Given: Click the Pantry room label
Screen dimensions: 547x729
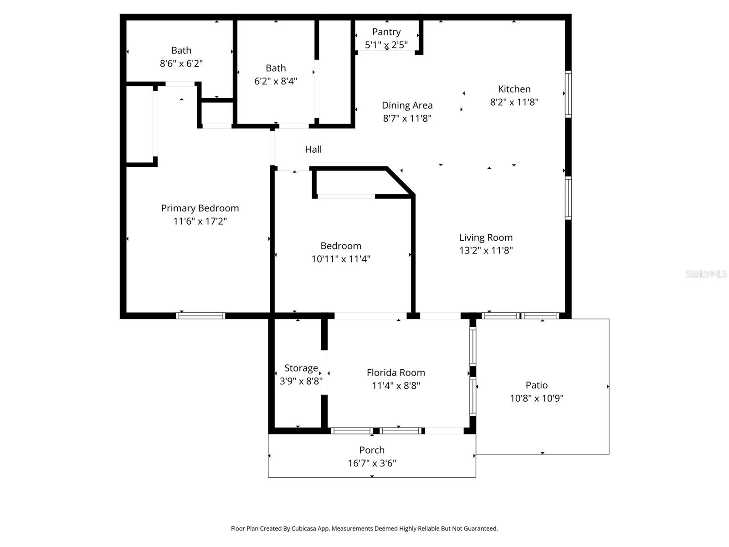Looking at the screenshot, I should (386, 32).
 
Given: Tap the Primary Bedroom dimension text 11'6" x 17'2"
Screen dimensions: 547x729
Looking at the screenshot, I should (200, 221).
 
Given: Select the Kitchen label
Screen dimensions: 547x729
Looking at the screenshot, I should (514, 89).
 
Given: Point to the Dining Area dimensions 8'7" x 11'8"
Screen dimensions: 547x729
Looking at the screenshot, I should (407, 119).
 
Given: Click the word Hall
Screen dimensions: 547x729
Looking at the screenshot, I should (313, 149).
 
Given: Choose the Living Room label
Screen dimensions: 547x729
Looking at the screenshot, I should (486, 237).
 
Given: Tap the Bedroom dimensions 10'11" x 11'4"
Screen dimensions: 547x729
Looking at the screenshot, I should (341, 259).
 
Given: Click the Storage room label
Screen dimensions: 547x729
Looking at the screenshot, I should (301, 368).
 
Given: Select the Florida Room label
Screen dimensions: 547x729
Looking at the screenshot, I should (395, 372).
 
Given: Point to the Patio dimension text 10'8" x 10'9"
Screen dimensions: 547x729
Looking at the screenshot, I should (536, 398).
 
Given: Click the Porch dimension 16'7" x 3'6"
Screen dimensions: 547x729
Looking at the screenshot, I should (372, 463).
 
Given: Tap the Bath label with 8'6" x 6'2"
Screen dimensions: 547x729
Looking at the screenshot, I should (181, 51).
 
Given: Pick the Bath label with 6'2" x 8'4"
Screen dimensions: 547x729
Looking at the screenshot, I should (276, 68).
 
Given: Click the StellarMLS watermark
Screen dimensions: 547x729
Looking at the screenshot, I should (706, 273).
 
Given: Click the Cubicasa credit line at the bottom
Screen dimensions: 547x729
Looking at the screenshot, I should (364, 529).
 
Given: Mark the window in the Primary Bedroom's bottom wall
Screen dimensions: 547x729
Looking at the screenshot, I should (200, 315).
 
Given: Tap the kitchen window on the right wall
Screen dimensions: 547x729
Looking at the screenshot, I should (568, 94).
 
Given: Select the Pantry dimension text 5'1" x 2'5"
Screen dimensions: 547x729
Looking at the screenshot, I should (386, 45).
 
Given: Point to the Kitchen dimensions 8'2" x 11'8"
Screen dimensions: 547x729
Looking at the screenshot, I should (514, 102).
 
